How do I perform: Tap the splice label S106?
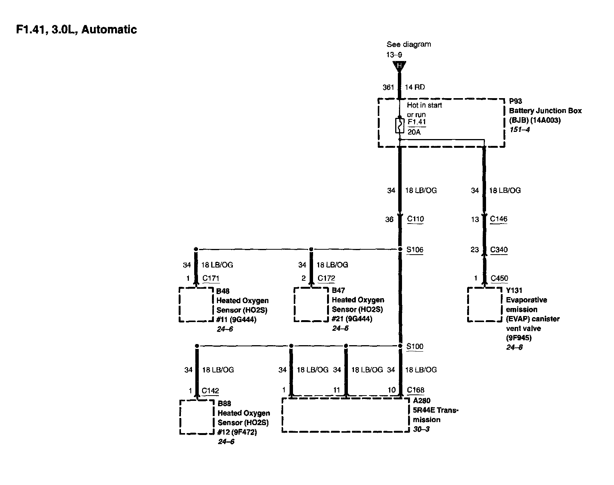tap(415, 250)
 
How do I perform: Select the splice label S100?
tap(415, 346)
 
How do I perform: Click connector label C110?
tap(415, 219)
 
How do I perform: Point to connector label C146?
tap(499, 219)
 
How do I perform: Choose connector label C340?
tap(499, 250)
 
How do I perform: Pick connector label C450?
tap(499, 278)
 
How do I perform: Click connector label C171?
tap(211, 278)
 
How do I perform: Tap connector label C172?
tap(326, 278)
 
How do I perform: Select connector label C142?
tap(210, 391)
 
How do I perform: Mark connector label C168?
tap(416, 390)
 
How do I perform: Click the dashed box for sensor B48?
tap(196, 305)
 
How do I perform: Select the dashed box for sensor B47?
tap(311, 305)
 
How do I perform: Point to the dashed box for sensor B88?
tap(197, 417)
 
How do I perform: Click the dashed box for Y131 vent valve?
tap(485, 305)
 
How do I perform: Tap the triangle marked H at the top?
tap(399, 66)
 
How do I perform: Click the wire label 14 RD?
tap(415, 87)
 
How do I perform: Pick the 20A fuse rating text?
tap(414, 132)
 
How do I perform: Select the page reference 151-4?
tap(519, 130)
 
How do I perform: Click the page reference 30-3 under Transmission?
tap(421, 429)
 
